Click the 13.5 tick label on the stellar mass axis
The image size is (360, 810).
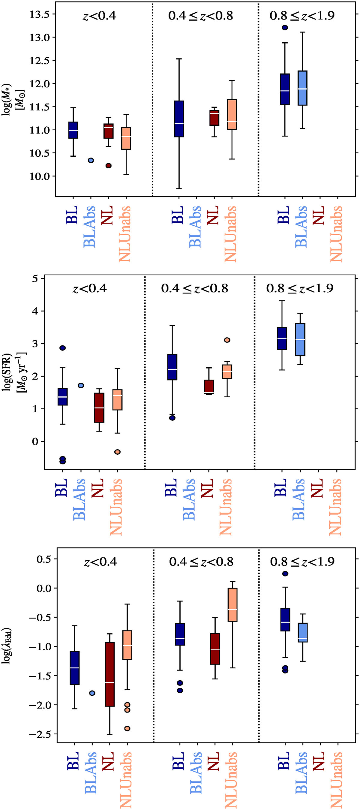click(x=40, y=14)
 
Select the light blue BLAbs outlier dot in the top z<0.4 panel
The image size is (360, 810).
click(x=91, y=160)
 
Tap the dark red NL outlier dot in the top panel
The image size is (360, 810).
click(x=109, y=166)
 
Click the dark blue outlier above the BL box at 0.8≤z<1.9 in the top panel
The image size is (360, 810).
click(x=285, y=28)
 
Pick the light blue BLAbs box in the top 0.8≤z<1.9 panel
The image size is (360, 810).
click(x=302, y=88)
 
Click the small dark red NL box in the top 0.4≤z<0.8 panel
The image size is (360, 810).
click(x=214, y=118)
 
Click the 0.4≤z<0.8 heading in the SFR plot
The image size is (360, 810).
click(x=195, y=288)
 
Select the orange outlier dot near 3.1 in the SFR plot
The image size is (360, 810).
click(x=227, y=340)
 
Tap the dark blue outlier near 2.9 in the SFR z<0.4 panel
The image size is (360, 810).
click(x=63, y=348)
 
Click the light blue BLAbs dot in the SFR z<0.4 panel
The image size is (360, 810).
click(x=81, y=386)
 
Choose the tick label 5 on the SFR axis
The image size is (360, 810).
click(x=34, y=279)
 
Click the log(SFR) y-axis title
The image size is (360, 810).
click(x=14, y=372)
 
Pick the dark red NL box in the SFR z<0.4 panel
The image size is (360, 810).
click(x=99, y=408)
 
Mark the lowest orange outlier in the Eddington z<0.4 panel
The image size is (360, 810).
click(x=127, y=729)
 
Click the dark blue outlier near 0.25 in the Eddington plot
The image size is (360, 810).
click(x=285, y=574)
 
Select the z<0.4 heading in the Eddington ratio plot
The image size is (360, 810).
click(x=100, y=562)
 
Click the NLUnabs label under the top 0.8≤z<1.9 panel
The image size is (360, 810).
click(x=336, y=234)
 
